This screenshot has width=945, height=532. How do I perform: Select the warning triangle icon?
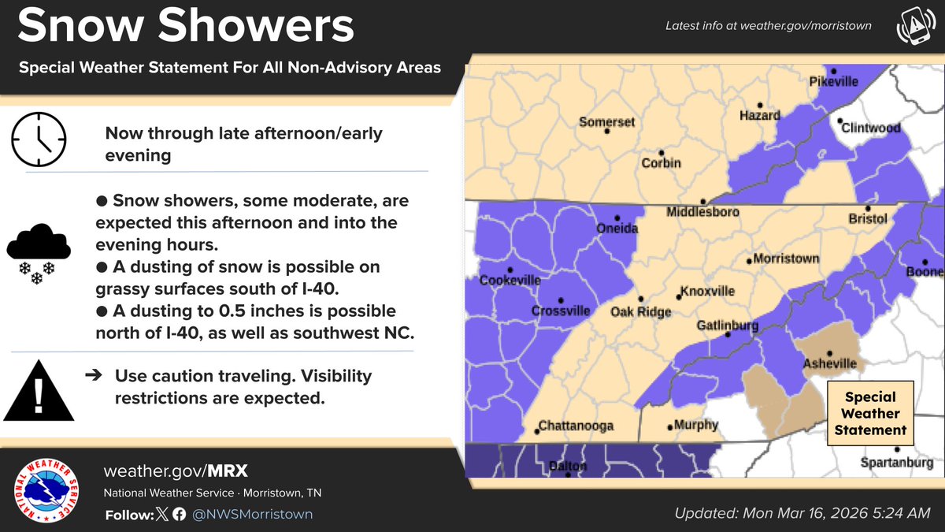[39, 391]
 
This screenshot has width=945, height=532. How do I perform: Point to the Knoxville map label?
[708, 292]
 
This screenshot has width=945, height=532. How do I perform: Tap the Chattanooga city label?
[576, 427]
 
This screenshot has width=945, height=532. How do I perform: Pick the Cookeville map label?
[511, 281]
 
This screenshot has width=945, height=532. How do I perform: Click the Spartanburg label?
[896, 463]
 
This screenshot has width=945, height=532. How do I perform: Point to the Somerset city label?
[606, 122]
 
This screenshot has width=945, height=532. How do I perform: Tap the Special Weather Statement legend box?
[871, 414]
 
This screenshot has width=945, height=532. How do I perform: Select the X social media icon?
[162, 515]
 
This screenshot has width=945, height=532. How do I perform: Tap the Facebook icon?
[179, 515]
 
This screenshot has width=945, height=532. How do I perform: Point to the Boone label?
[929, 272]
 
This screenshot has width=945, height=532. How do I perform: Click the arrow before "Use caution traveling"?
[93, 376]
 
